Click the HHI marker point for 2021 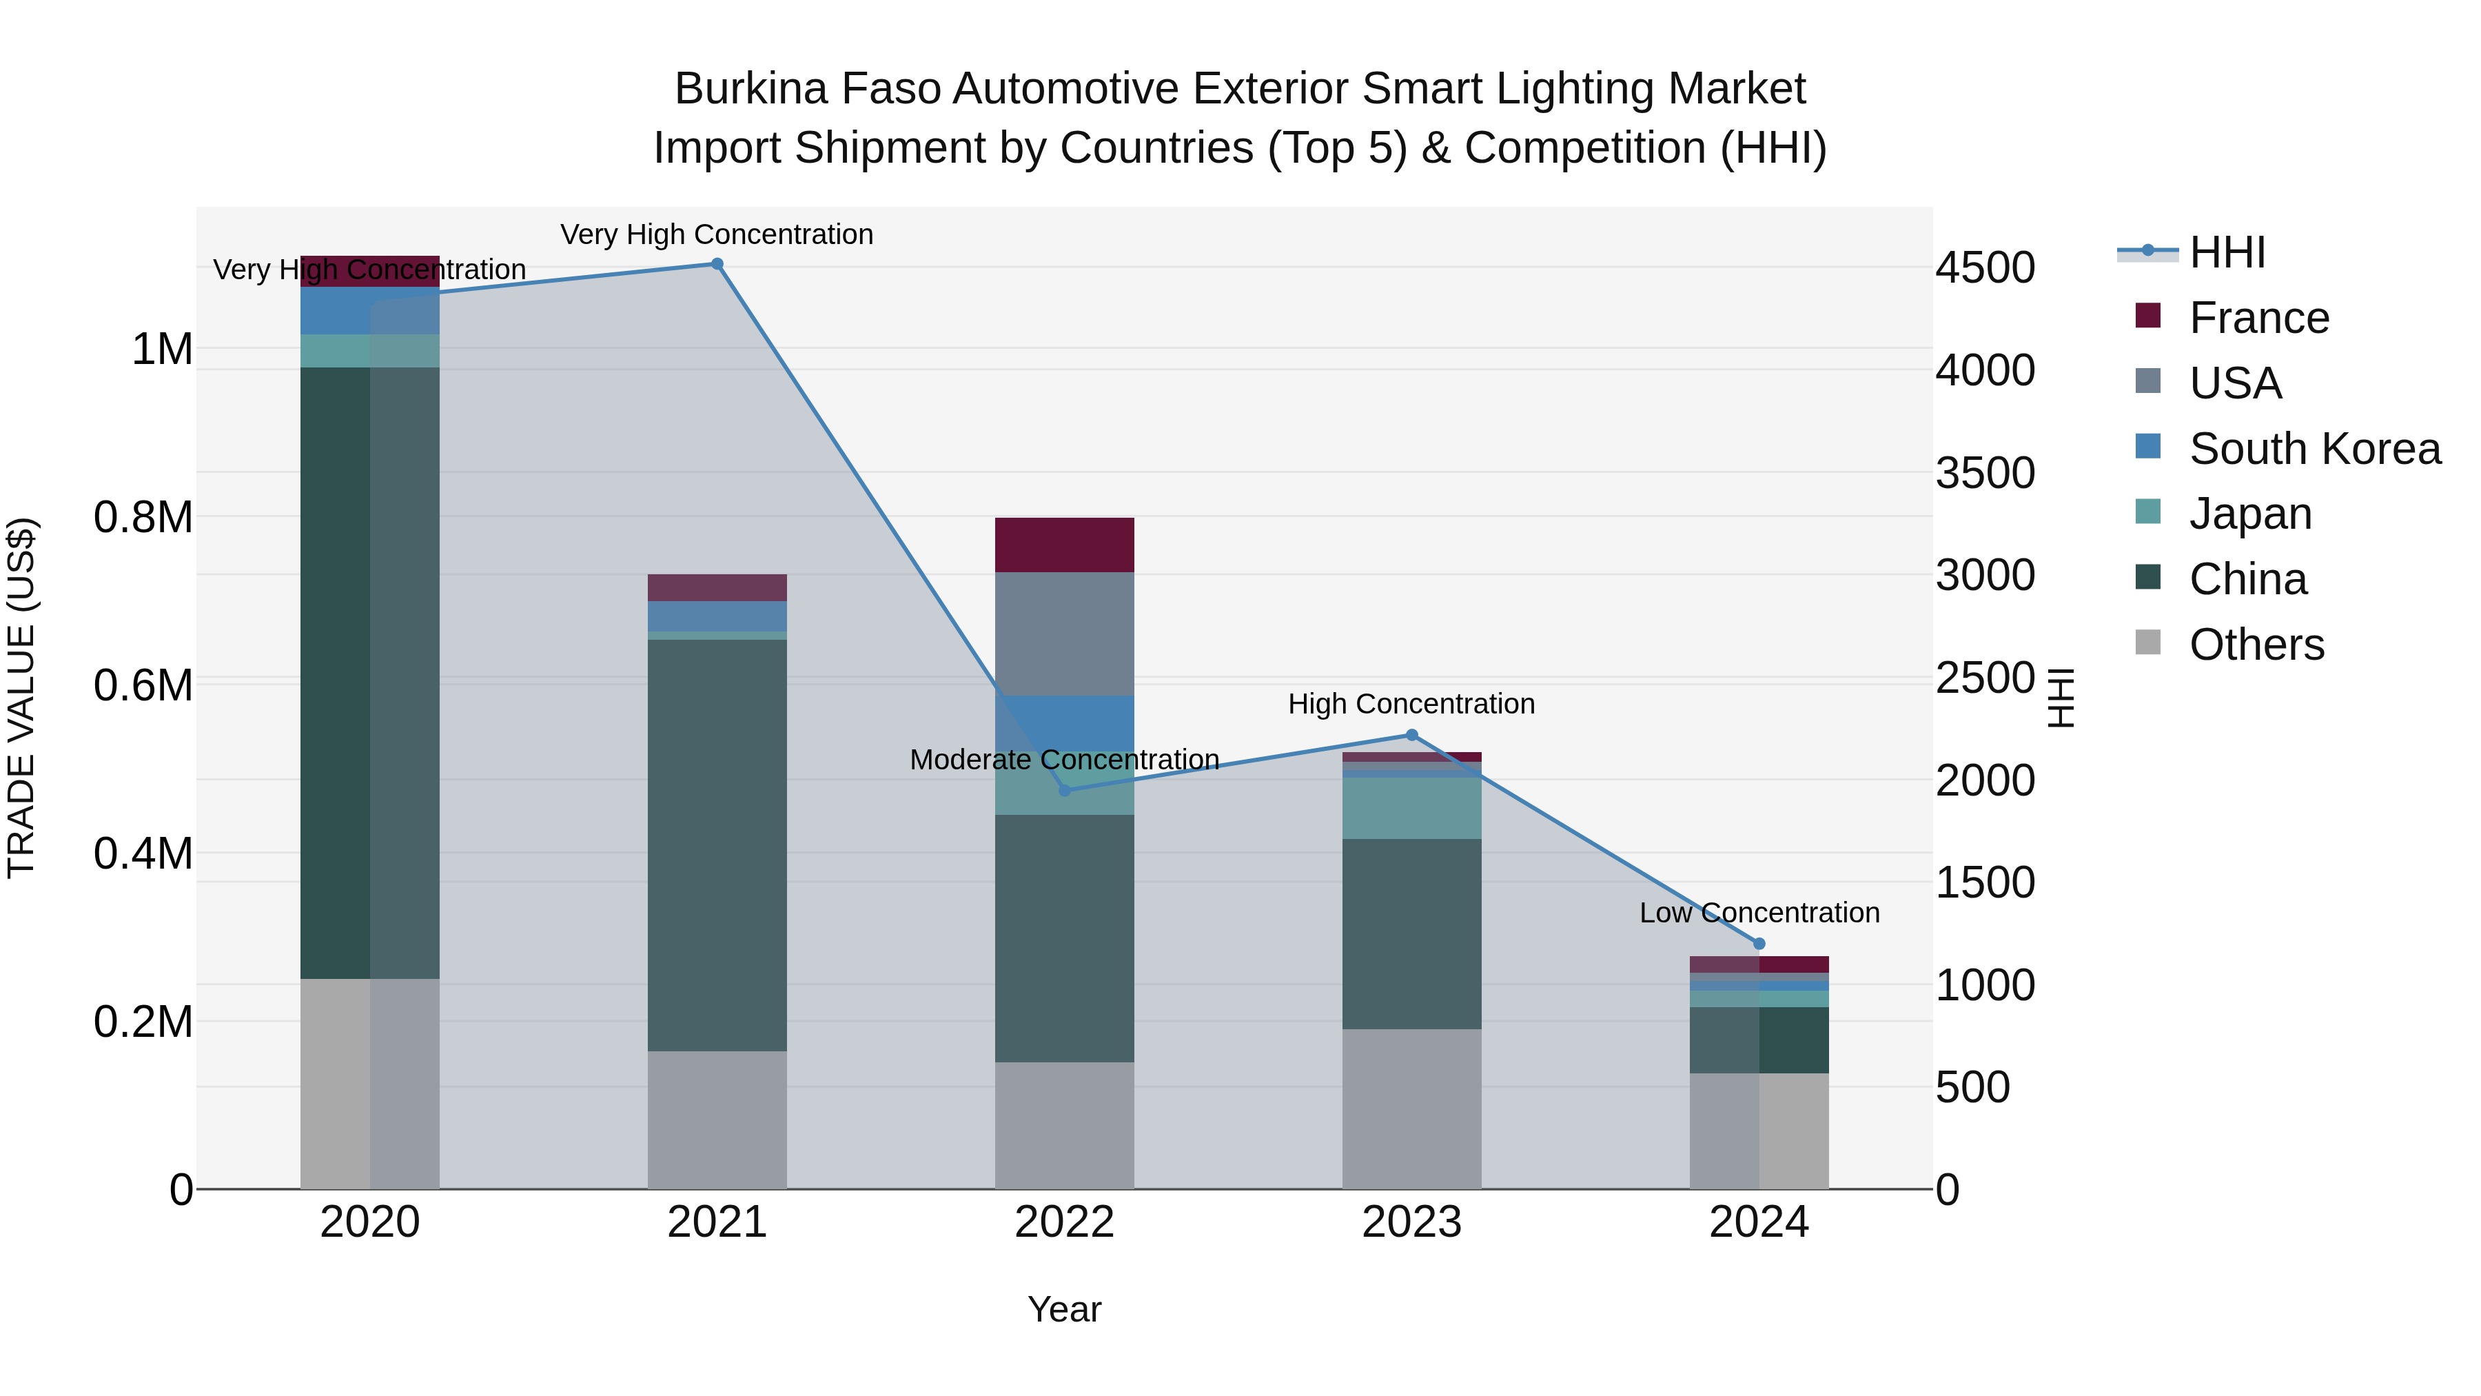pyautogui.click(x=717, y=264)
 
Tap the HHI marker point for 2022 pyautogui.click(x=1064, y=790)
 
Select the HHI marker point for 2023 pyautogui.click(x=1412, y=735)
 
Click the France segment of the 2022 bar pyautogui.click(x=1064, y=545)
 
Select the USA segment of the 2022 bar pyautogui.click(x=1064, y=634)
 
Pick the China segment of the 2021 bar pyautogui.click(x=717, y=845)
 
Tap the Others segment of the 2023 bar pyautogui.click(x=1412, y=1108)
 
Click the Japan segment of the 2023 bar pyautogui.click(x=1412, y=807)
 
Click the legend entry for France pyautogui.click(x=2258, y=318)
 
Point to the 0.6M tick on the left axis pyautogui.click(x=143, y=686)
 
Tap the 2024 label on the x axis pyautogui.click(x=1759, y=1222)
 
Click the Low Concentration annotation pyautogui.click(x=1759, y=912)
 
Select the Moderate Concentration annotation pyautogui.click(x=1064, y=760)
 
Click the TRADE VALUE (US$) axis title pyautogui.click(x=21, y=698)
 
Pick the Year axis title pyautogui.click(x=1064, y=1309)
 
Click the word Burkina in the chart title pyautogui.click(x=751, y=89)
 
